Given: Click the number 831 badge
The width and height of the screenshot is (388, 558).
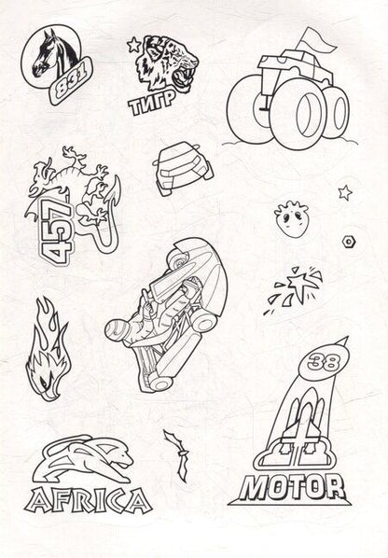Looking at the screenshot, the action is point(70,81).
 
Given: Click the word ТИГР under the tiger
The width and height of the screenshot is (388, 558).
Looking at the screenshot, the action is point(152,103).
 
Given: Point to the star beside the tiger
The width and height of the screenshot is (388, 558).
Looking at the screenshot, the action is point(134,45).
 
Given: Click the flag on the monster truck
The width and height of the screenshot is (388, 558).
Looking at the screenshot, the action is point(317,41).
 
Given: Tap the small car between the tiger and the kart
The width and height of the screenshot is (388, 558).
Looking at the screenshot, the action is point(184,168).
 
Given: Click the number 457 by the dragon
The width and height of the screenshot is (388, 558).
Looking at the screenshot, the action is point(56,231).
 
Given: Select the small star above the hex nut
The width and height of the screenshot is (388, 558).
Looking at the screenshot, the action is point(345,192).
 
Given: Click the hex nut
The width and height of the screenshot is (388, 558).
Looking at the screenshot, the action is point(349,242).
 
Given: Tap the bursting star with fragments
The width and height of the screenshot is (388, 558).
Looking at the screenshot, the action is point(297,288).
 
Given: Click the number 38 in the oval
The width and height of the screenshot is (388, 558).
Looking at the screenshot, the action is point(324,363).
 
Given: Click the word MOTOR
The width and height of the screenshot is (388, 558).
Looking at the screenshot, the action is point(292,486).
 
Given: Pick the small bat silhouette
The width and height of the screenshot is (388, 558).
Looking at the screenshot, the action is point(179,454).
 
